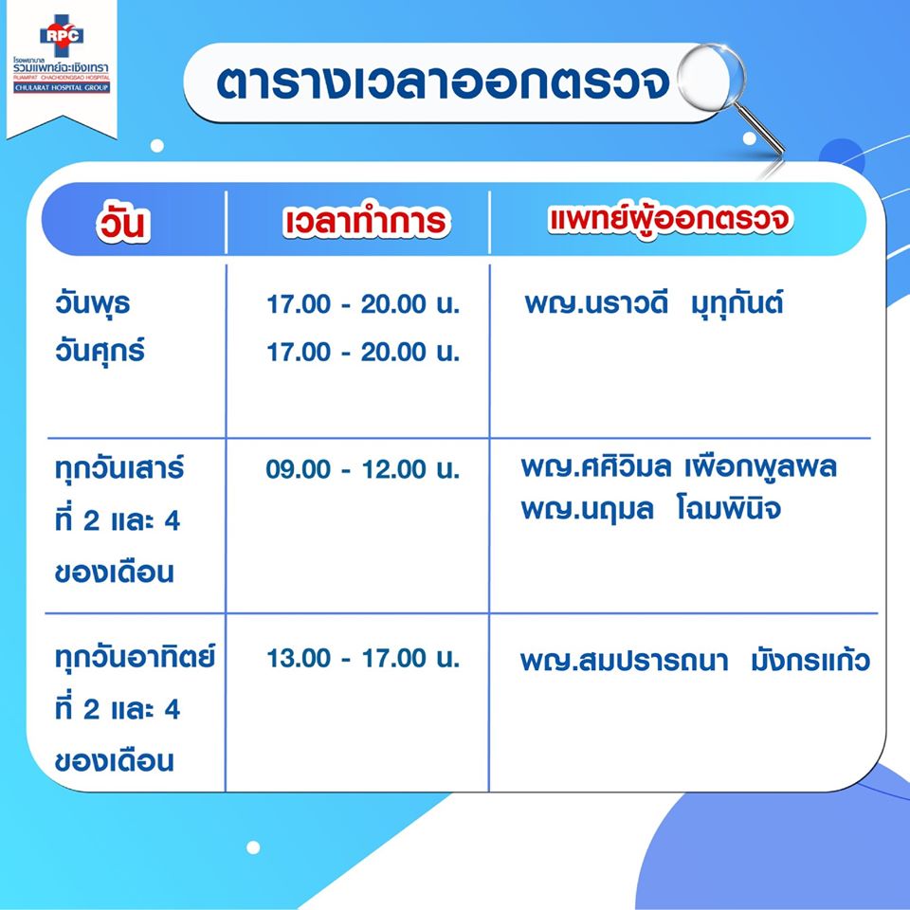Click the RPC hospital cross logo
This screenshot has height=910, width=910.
pyautogui.click(x=62, y=35)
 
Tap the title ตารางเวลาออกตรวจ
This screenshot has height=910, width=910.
pyautogui.click(x=444, y=83)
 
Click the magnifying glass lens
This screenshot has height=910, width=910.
pyautogui.click(x=711, y=77)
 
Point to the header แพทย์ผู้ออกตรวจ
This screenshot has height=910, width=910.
pyautogui.click(x=670, y=219)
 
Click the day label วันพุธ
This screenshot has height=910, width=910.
pyautogui.click(x=92, y=304)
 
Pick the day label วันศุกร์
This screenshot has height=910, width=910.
pyautogui.click(x=100, y=351)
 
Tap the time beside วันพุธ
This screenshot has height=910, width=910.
pyautogui.click(x=363, y=304)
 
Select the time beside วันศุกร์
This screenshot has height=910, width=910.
pyautogui.click(x=363, y=352)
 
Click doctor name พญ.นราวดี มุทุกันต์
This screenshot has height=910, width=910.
pyautogui.click(x=653, y=303)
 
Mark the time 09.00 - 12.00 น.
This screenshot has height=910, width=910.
pyautogui.click(x=363, y=469)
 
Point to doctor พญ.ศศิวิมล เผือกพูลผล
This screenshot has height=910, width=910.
pyautogui.click(x=679, y=466)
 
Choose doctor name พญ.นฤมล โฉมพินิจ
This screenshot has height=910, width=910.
pyautogui.click(x=650, y=508)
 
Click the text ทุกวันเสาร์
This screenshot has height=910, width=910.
pyautogui.click(x=119, y=467)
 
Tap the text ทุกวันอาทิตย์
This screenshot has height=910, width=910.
pyautogui.click(x=136, y=656)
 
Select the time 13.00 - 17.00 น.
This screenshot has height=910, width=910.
pyautogui.click(x=363, y=658)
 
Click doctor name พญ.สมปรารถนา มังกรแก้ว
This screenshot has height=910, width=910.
pyautogui.click(x=695, y=661)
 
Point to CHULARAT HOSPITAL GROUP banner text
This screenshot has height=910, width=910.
pyautogui.click(x=62, y=87)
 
